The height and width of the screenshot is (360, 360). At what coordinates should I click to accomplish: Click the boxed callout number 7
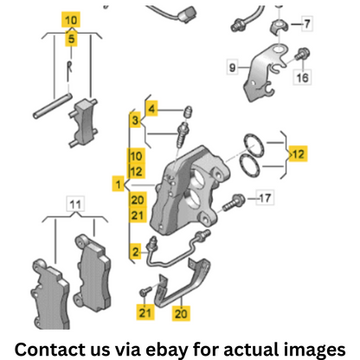[x=306, y=24]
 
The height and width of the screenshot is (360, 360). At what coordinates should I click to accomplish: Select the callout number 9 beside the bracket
[x=233, y=67]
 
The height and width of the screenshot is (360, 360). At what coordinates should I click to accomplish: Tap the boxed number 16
[x=302, y=77]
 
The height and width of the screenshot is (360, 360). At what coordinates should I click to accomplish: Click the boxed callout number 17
[x=265, y=198]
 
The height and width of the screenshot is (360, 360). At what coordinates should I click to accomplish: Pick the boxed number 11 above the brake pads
[x=75, y=204]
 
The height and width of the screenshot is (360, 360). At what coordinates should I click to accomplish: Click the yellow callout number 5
[x=71, y=38]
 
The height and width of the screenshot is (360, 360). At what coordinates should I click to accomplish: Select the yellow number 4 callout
[x=151, y=108]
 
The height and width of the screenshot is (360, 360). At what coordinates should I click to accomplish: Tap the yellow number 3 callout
[x=135, y=120]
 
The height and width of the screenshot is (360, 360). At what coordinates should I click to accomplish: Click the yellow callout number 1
[x=118, y=184]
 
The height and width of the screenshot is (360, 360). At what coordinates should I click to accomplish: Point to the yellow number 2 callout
[x=135, y=252]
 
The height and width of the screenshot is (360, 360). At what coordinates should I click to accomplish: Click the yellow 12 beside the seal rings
[x=299, y=154]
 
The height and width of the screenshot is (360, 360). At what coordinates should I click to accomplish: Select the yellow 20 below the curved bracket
[x=181, y=313]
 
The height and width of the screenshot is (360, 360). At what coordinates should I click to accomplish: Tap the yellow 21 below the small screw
[x=145, y=312]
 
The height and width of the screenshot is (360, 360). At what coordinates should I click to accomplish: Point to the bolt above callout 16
[x=302, y=54]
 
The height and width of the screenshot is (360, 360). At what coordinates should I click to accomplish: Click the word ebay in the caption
[x=166, y=350]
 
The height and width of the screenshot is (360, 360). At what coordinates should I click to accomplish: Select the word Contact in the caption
[x=50, y=350]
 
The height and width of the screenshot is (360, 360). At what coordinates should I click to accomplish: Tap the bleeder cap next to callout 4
[x=189, y=111]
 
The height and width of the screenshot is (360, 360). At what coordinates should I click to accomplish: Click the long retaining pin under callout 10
[x=52, y=106]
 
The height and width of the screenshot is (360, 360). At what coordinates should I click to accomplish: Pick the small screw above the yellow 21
[x=145, y=291]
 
